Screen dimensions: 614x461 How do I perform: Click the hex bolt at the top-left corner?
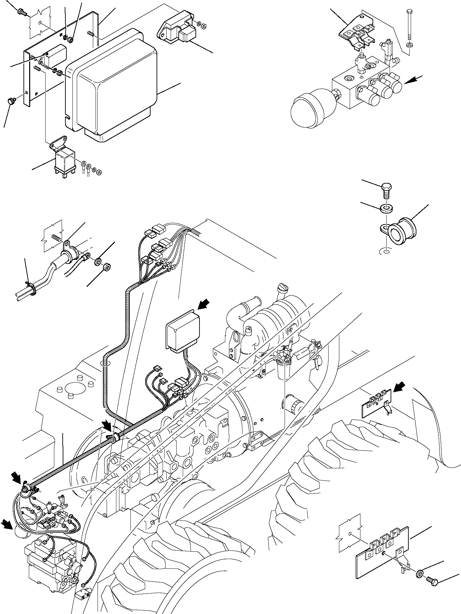pos(23,12)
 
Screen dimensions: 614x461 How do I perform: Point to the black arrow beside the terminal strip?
pos(399,388)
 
